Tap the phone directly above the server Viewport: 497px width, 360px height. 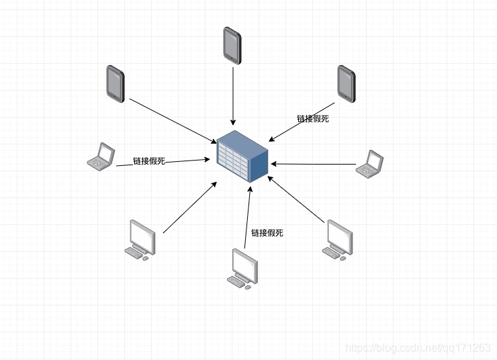[x=232, y=45]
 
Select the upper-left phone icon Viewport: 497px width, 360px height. [x=115, y=83]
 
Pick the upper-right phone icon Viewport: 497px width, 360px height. [x=346, y=83]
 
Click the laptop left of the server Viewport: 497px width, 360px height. [x=101, y=156]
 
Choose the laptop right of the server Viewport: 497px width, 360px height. [x=370, y=163]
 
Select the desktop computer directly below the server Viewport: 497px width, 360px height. [x=243, y=269]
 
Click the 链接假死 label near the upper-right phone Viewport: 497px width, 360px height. [x=313, y=119]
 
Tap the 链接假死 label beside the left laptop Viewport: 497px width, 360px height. [x=148, y=161]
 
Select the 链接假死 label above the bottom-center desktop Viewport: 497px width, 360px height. [x=267, y=233]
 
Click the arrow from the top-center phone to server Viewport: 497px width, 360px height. [x=232, y=94]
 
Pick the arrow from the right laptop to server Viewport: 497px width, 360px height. [x=312, y=163]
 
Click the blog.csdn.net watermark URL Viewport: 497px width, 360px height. [x=417, y=347]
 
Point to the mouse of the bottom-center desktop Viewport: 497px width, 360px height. [x=247, y=287]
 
